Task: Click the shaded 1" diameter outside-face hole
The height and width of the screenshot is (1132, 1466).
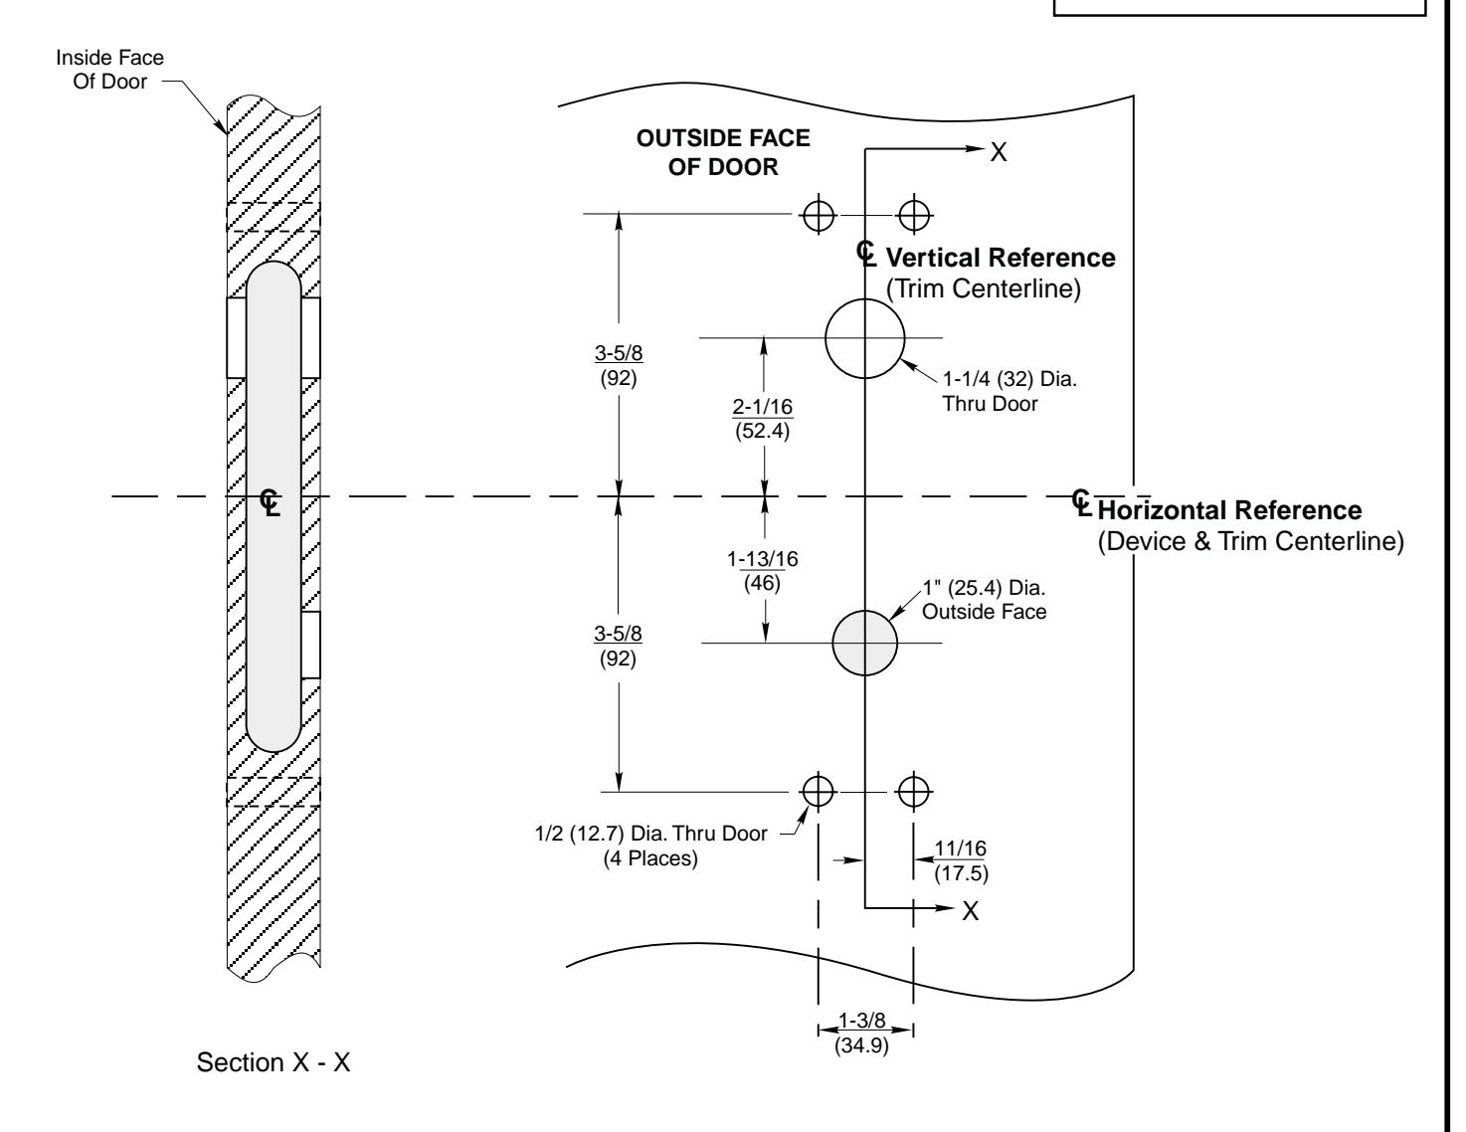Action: pos(864,643)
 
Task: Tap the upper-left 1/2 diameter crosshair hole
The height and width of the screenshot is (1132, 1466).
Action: pos(818,216)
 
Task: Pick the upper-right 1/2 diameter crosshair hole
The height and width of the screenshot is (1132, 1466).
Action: pos(913,216)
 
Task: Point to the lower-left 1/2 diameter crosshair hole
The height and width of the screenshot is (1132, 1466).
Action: pos(818,792)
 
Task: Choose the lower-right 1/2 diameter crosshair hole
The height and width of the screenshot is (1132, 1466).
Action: pos(913,792)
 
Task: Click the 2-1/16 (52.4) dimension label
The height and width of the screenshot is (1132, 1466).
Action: pos(763,418)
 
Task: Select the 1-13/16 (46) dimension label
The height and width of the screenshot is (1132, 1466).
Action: pos(763,571)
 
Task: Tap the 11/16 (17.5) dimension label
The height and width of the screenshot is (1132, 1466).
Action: pos(961,860)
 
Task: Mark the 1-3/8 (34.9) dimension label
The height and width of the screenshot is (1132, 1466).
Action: pos(861,1033)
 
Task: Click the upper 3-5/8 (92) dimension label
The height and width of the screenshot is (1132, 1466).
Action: pos(619,365)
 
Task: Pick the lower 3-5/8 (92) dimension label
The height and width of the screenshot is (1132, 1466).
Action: pos(618,646)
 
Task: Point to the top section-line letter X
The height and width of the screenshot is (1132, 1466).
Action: pos(999,152)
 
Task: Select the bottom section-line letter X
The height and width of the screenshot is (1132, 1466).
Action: pos(970,911)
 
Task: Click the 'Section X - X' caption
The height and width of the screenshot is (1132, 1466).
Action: pos(274,1062)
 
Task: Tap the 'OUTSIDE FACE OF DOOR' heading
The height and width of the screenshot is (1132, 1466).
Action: pos(722,152)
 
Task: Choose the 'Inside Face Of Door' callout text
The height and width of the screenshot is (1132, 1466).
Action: pos(110,70)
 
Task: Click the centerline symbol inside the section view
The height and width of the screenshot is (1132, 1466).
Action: pos(270,502)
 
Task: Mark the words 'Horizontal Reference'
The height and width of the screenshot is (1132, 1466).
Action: pos(1229,510)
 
